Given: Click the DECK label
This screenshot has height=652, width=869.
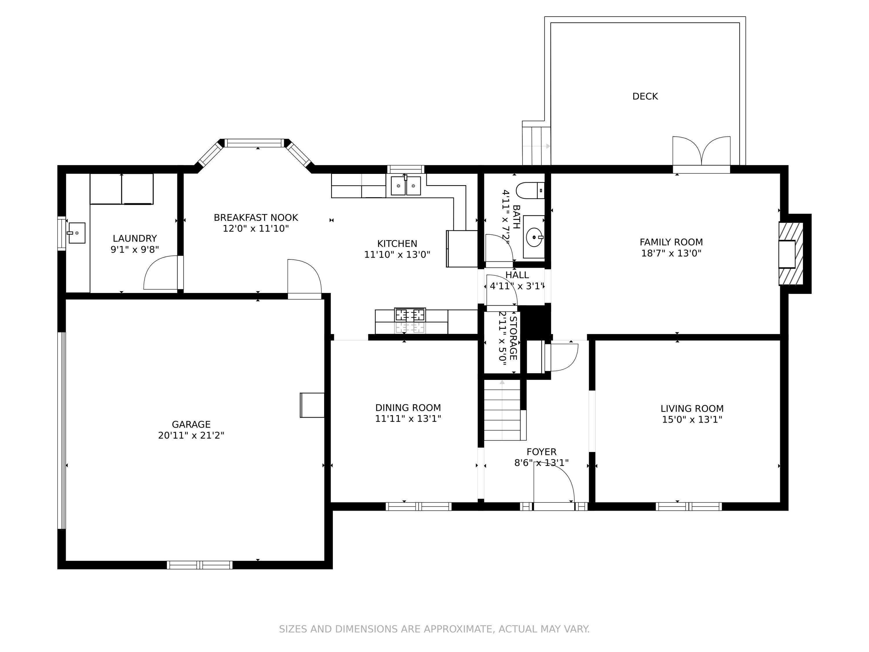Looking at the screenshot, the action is coord(645,96).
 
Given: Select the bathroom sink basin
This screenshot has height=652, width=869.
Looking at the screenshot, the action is coord(534,237).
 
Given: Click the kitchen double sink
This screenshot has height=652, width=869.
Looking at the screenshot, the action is coord(406,185).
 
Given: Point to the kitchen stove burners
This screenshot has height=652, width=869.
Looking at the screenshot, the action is coord(410,315).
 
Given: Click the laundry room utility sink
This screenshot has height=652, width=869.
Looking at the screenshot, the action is coord(76,233).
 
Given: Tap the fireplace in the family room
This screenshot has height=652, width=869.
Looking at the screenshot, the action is coord(791,254).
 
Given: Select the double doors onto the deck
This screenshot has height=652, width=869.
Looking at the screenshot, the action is coord(701,151).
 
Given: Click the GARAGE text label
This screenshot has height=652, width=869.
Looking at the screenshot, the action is coord(191,425).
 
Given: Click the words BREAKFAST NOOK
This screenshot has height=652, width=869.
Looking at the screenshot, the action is coord(256,218).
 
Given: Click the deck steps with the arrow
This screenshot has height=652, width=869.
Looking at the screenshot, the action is coord(536,146).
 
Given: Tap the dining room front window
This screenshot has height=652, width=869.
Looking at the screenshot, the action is coord(418,507).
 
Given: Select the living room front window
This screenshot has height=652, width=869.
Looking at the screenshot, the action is coord(689,507).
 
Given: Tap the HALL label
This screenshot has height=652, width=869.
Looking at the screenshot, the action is coord(517,275).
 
